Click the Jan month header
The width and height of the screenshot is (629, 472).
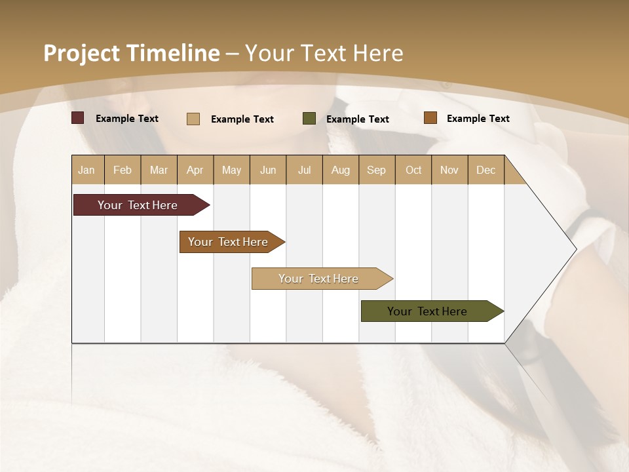(x=86, y=170)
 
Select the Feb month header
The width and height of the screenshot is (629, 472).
(x=123, y=170)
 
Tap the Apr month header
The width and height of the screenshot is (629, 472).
(x=195, y=170)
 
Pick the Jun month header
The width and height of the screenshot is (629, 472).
(x=268, y=170)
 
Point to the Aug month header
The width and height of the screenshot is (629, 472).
(x=341, y=170)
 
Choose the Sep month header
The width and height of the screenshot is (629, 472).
(x=377, y=170)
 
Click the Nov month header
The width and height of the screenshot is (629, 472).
(x=449, y=170)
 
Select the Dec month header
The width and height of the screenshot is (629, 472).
(x=486, y=170)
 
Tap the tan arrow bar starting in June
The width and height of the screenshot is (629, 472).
(x=320, y=279)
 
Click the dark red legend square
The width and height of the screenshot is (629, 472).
(x=78, y=118)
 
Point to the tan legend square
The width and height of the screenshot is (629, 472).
(x=193, y=119)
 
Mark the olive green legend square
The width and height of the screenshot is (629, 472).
(x=309, y=119)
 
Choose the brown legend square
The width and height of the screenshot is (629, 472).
(x=430, y=118)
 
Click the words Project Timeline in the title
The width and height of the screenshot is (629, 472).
(x=132, y=53)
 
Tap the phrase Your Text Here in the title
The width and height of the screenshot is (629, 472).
(x=324, y=53)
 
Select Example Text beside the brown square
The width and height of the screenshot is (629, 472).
(x=478, y=119)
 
